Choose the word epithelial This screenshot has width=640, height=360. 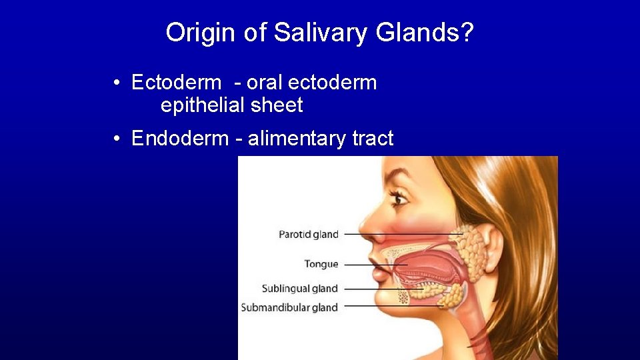click(201, 105)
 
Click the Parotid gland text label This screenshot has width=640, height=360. click(308, 234)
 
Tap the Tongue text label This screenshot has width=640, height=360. click(321, 264)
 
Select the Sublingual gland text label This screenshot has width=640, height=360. click(299, 289)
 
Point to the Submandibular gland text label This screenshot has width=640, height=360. click(289, 307)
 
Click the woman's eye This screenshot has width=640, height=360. click(398, 198)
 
